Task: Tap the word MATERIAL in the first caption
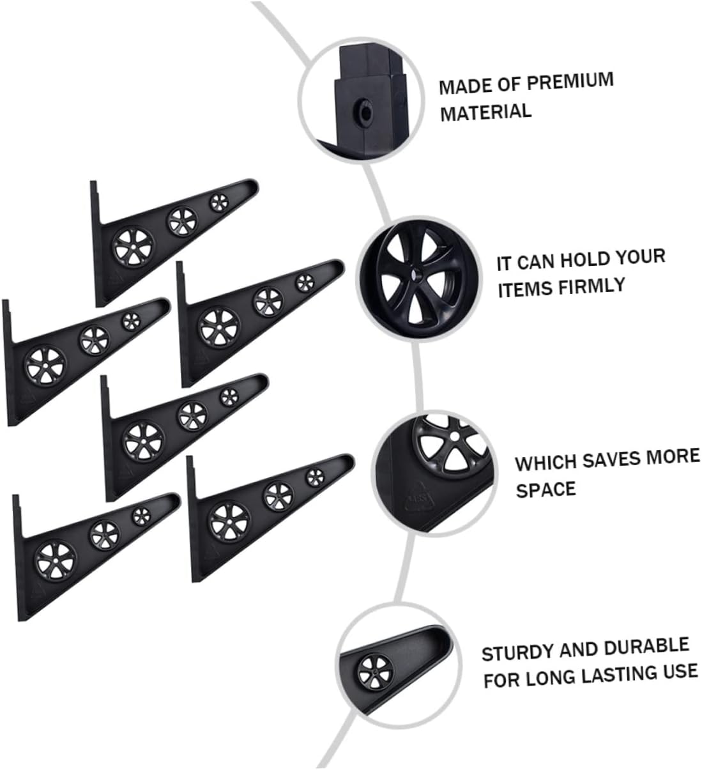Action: pyautogui.click(x=485, y=112)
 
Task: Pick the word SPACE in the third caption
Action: pyautogui.click(x=546, y=490)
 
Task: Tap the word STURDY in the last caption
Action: pyautogui.click(x=517, y=653)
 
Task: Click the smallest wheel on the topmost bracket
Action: pyautogui.click(x=218, y=203)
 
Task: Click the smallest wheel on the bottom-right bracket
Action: pyautogui.click(x=314, y=477)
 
